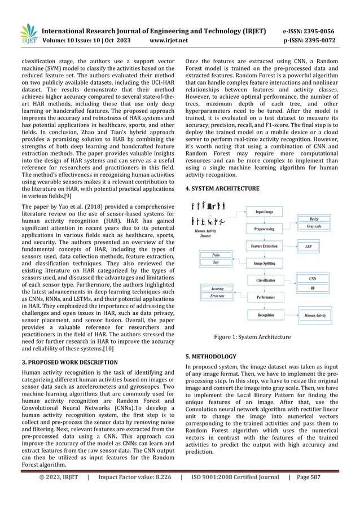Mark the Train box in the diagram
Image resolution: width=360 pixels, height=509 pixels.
216,255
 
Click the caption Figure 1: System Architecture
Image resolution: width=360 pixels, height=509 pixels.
252,337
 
